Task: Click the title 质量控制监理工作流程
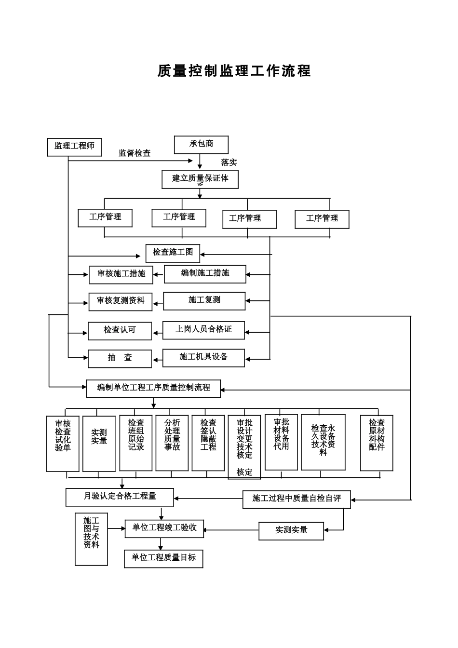pos(234,71)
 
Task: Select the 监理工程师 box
pos(74,147)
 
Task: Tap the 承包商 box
pos(201,144)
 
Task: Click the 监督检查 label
pos(135,153)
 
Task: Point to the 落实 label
pos(229,163)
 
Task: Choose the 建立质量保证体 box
pos(200,179)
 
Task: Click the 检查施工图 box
pos(173,253)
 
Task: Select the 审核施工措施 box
pos(121,274)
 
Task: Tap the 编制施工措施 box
pos(205,273)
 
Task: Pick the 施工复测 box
pos(204,300)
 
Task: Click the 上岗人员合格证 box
pos(203,330)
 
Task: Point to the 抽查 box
pos(120,358)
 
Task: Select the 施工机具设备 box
pos(203,357)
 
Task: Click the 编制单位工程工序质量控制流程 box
pos(153,388)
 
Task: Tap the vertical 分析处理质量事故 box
pos(172,443)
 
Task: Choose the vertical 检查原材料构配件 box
pos(377,443)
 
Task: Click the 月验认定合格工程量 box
pos(120,497)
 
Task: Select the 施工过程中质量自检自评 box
pos(296,499)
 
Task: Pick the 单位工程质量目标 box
pos(163,558)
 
